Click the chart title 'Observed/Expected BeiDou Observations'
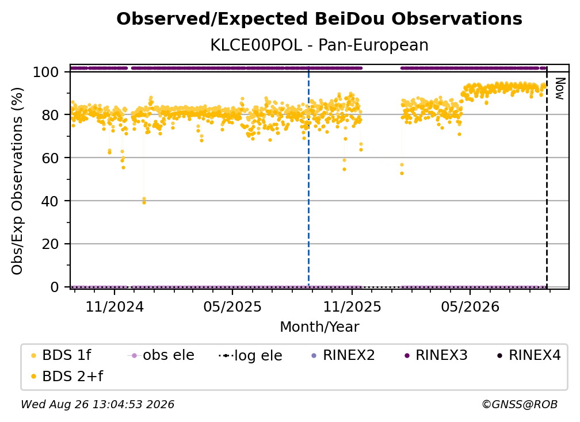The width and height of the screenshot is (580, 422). pyautogui.click(x=319, y=19)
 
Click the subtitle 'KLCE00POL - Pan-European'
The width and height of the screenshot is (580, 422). pyautogui.click(x=319, y=45)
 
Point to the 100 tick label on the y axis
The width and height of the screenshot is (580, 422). pyautogui.click(x=46, y=72)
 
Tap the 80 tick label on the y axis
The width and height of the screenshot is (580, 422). pyautogui.click(x=50, y=115)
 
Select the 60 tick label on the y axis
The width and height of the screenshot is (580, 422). pyautogui.click(x=50, y=158)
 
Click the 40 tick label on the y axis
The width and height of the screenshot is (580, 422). pyautogui.click(x=50, y=201)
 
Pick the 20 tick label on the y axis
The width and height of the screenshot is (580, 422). pyautogui.click(x=50, y=244)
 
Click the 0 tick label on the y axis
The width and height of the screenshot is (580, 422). pyautogui.click(x=55, y=287)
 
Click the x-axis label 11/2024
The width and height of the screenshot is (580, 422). pyautogui.click(x=115, y=307)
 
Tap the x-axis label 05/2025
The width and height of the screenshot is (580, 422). pyautogui.click(x=232, y=307)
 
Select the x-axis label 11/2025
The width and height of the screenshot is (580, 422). pyautogui.click(x=352, y=307)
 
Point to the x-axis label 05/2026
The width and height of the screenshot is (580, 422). pyautogui.click(x=470, y=307)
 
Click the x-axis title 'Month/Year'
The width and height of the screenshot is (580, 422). pyautogui.click(x=319, y=327)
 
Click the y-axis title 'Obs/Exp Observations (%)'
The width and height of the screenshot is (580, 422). pyautogui.click(x=17, y=181)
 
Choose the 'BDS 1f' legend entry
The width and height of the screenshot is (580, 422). pyautogui.click(x=62, y=355)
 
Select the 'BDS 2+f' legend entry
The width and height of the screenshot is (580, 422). pyautogui.click(x=67, y=377)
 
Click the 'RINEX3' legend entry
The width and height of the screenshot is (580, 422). pyautogui.click(x=437, y=355)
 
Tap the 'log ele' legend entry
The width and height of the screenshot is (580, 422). pyautogui.click(x=251, y=356)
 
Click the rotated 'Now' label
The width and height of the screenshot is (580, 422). pyautogui.click(x=560, y=89)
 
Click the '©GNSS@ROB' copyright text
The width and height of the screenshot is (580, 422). pyautogui.click(x=520, y=405)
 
